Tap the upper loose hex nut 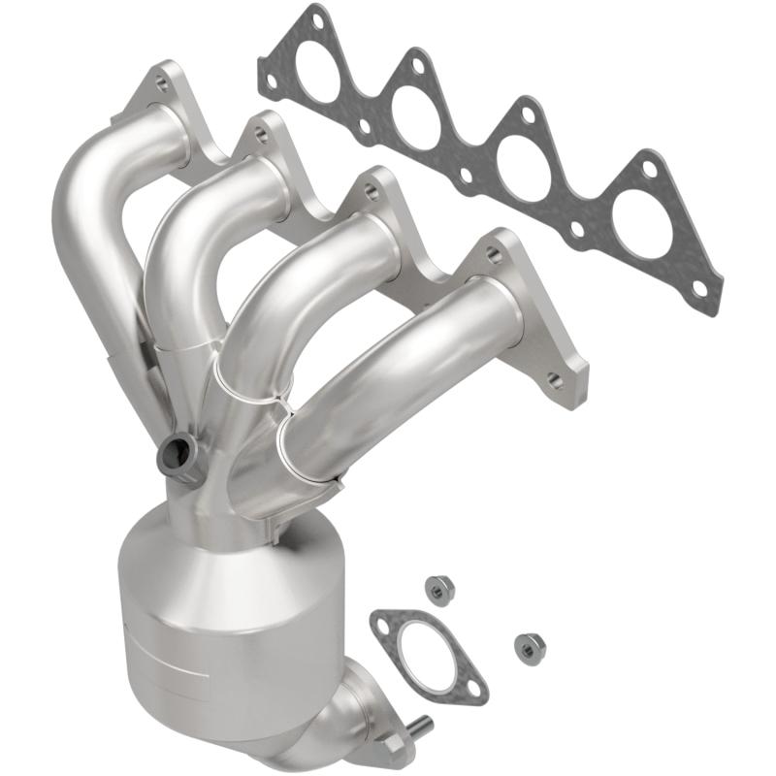(x=439, y=588)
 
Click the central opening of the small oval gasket (x=427, y=652)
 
